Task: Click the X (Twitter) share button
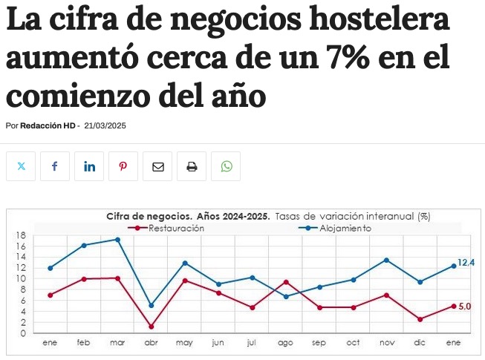tap(21, 166)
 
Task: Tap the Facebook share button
tap(55, 166)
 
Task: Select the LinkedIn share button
tap(89, 166)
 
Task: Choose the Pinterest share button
tap(123, 166)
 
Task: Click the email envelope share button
tap(157, 166)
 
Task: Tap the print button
tap(192, 166)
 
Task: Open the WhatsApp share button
tap(226, 166)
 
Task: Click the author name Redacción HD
tap(48, 125)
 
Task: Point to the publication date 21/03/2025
tap(105, 125)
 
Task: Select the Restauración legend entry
tap(176, 229)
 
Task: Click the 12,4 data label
tap(466, 263)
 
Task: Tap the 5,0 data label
tap(465, 306)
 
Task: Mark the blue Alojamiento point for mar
tap(117, 240)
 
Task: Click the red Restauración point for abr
tap(152, 327)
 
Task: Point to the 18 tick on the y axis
tap(21, 235)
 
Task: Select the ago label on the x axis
tap(285, 343)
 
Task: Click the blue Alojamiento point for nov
tap(386, 260)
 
